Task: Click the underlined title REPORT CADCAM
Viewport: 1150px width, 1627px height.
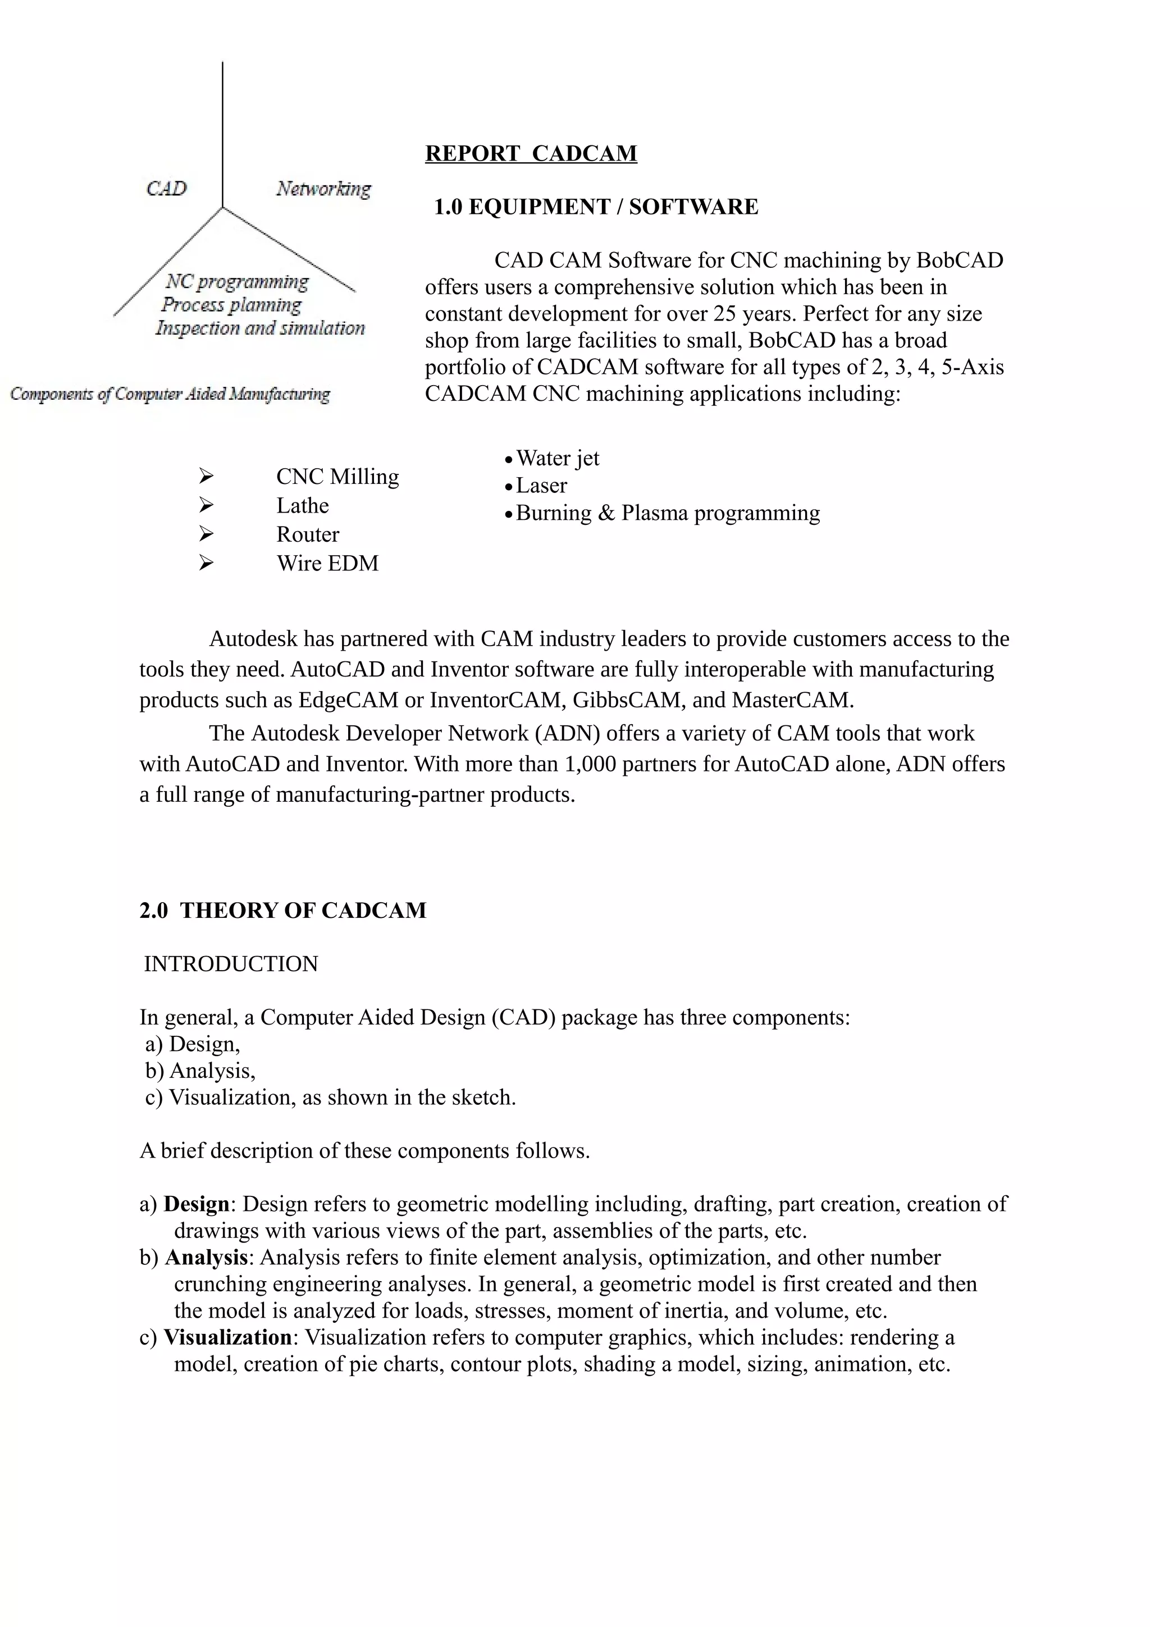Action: click(x=531, y=153)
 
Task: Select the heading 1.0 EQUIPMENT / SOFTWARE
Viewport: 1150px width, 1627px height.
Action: click(x=595, y=207)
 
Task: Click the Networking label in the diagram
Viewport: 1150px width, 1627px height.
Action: click(x=323, y=189)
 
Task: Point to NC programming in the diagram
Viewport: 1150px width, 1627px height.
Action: click(x=238, y=281)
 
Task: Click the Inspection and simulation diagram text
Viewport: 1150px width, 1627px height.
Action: click(x=260, y=328)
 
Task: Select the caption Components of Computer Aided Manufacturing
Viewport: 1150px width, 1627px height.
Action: click(x=170, y=394)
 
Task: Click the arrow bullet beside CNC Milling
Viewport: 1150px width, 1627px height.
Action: click(x=206, y=476)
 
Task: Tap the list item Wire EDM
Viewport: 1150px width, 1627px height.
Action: click(x=327, y=563)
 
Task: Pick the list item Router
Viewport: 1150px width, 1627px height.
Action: click(x=308, y=534)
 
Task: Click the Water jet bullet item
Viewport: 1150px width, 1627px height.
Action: click(x=557, y=459)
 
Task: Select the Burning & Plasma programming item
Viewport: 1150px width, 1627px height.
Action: click(x=668, y=513)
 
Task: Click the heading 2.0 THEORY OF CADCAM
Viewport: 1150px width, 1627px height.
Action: click(x=282, y=911)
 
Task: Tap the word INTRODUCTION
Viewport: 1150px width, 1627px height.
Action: click(x=231, y=965)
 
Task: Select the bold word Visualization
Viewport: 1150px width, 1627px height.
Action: click(x=227, y=1338)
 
